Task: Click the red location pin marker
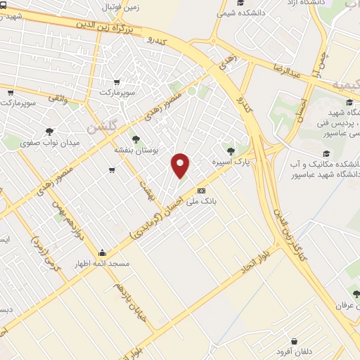click(x=181, y=165)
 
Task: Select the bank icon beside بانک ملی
click(x=202, y=190)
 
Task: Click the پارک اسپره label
click(x=233, y=162)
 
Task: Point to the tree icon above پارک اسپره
click(x=231, y=150)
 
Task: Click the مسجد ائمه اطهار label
click(x=102, y=264)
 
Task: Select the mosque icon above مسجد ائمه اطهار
click(x=103, y=253)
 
